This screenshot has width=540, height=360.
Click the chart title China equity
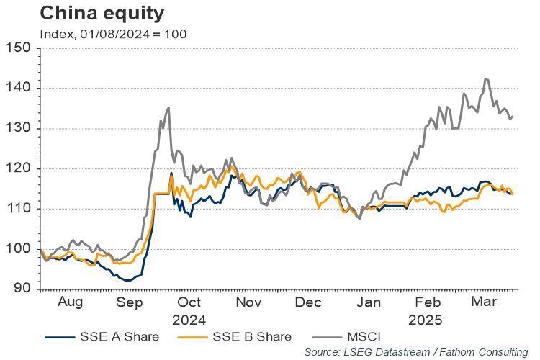click(102, 13)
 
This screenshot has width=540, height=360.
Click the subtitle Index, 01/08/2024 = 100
click(114, 34)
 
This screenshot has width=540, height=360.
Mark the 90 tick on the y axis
click(23, 289)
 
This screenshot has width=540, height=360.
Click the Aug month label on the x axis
click(71, 303)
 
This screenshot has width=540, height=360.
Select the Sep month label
click(130, 303)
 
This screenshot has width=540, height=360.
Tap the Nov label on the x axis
click(248, 303)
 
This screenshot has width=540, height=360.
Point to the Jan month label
click(369, 303)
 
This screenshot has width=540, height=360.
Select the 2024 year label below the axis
click(189, 320)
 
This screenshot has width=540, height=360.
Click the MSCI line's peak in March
click(486, 79)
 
